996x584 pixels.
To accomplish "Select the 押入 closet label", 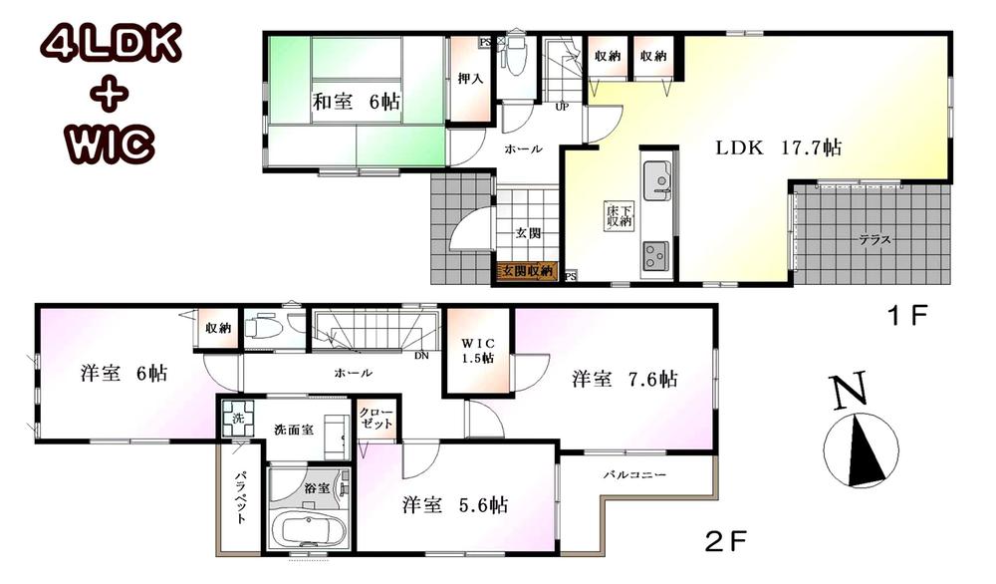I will point(469,78).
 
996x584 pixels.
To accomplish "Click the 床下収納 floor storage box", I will point(619,216).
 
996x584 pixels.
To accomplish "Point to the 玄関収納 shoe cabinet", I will point(527,269).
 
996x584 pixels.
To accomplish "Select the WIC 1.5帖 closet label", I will point(477,352).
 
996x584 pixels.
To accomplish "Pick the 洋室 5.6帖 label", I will point(455,505).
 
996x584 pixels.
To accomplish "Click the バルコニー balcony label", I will point(633,474).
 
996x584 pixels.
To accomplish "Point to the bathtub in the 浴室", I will point(307,526).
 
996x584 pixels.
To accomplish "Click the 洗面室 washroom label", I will point(294,430).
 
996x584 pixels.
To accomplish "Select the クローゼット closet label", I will point(376,418).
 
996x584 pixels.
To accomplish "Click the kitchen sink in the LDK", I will point(656,180).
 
